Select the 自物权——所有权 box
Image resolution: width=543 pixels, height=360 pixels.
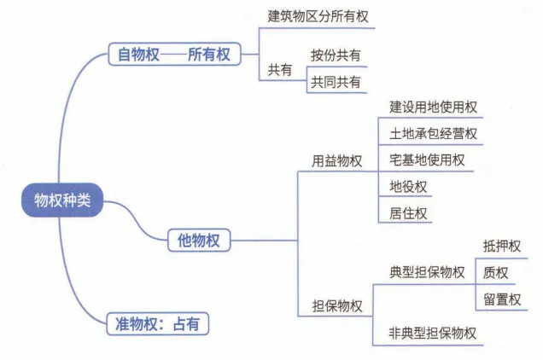point(174,55)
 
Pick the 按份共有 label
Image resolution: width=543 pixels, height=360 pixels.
point(336,55)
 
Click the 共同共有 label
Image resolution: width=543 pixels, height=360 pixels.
point(336,82)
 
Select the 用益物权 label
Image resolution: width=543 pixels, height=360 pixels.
point(336,160)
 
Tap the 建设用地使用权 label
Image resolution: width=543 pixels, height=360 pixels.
point(433,107)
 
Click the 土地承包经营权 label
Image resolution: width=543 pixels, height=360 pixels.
point(433,134)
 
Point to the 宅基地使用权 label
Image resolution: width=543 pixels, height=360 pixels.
point(427,160)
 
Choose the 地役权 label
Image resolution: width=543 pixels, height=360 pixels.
point(408,186)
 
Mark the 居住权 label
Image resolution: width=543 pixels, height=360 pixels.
point(408,212)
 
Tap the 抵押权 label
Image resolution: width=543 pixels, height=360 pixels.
point(501,247)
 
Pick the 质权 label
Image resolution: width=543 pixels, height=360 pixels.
point(495,273)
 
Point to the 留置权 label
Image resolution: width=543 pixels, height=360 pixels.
point(501,299)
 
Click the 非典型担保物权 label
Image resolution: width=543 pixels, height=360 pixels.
point(433,333)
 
